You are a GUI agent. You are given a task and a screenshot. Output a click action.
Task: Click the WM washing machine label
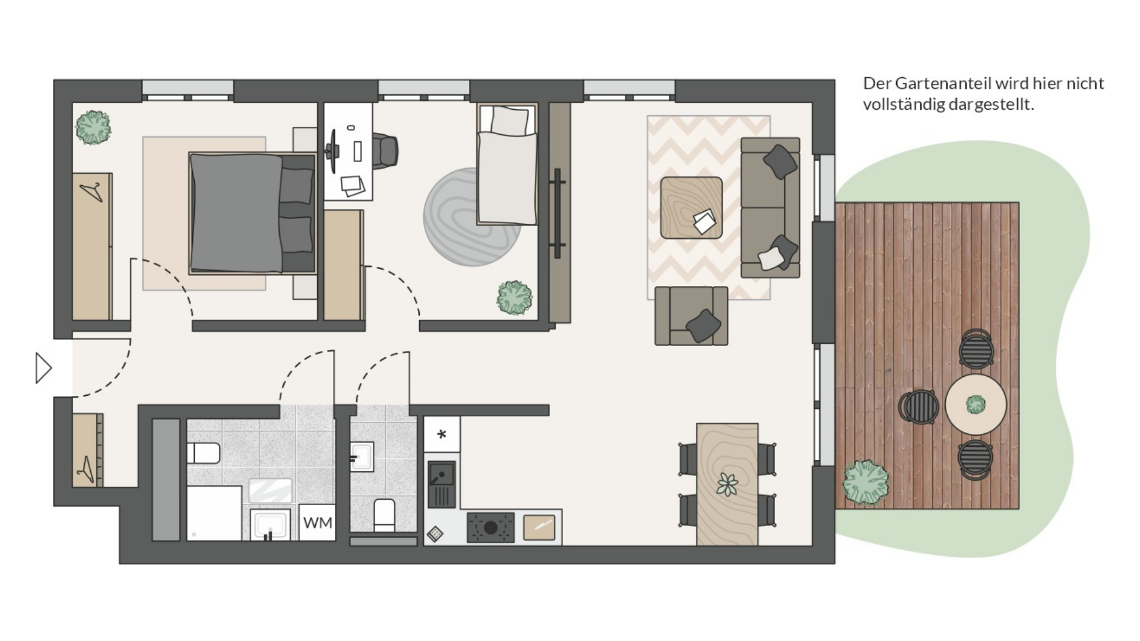(x=318, y=523)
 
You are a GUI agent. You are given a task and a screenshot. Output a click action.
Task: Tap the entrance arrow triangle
(x=43, y=368)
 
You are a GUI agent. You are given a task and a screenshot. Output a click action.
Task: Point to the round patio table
(x=976, y=404)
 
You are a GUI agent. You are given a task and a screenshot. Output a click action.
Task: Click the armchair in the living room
(x=691, y=316)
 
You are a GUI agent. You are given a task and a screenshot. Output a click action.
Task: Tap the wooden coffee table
(x=691, y=208)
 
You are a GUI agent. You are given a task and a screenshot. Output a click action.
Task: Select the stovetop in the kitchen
(x=490, y=527)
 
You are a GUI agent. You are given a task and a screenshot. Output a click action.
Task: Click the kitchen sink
(x=442, y=484)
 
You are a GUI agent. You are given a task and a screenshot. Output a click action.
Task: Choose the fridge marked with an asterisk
(x=442, y=434)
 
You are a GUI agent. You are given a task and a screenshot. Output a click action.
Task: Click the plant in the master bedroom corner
(x=93, y=127)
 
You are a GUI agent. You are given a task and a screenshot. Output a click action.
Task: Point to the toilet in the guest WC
(x=384, y=515)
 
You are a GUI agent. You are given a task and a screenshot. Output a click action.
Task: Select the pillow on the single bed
(x=509, y=120)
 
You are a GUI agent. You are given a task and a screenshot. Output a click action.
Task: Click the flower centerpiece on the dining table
(x=727, y=484)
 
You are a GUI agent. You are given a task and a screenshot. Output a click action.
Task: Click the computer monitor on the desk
(x=332, y=151)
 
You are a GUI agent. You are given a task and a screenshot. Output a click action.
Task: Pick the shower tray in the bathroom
(x=214, y=513)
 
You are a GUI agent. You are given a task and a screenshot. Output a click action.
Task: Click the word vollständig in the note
(x=903, y=104)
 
